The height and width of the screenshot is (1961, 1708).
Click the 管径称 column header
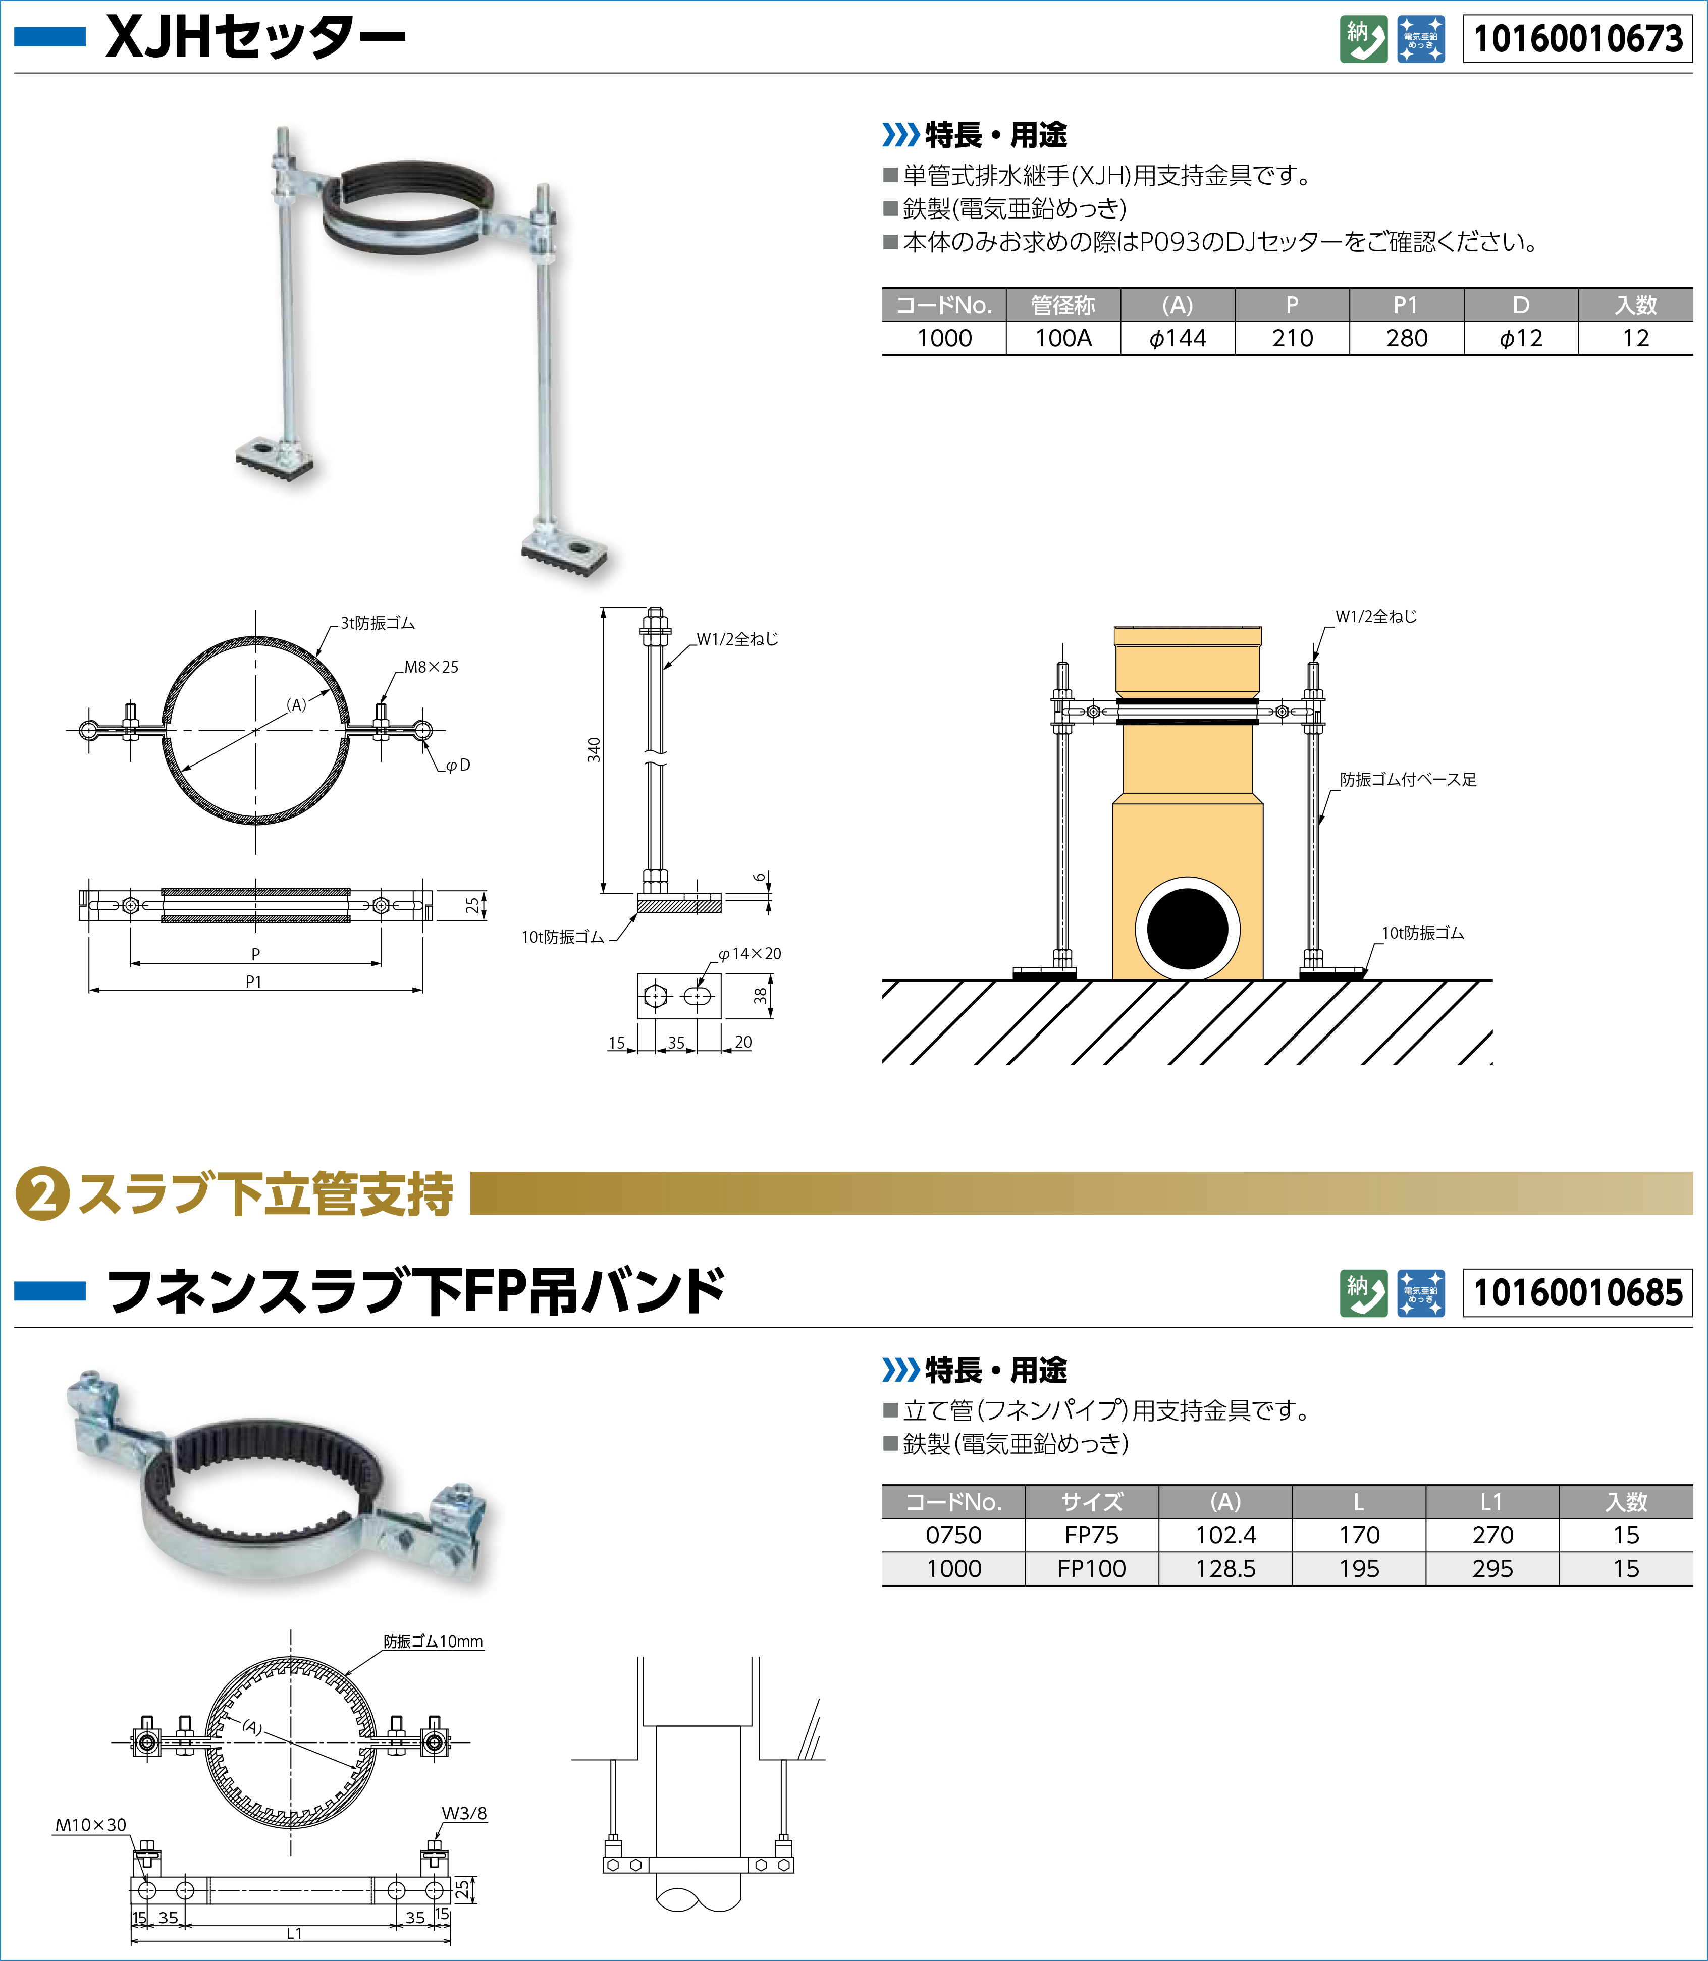tap(1063, 305)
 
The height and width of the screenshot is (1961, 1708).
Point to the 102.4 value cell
tap(1225, 1535)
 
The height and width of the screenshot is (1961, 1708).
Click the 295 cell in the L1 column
tap(1492, 1568)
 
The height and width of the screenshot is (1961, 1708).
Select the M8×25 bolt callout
tap(431, 667)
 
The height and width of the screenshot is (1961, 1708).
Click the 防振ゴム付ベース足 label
tap(1408, 780)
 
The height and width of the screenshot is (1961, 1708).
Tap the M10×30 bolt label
tap(90, 1825)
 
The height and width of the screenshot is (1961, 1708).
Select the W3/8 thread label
tap(464, 1813)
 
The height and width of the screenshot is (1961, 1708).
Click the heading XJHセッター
tap(255, 38)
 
